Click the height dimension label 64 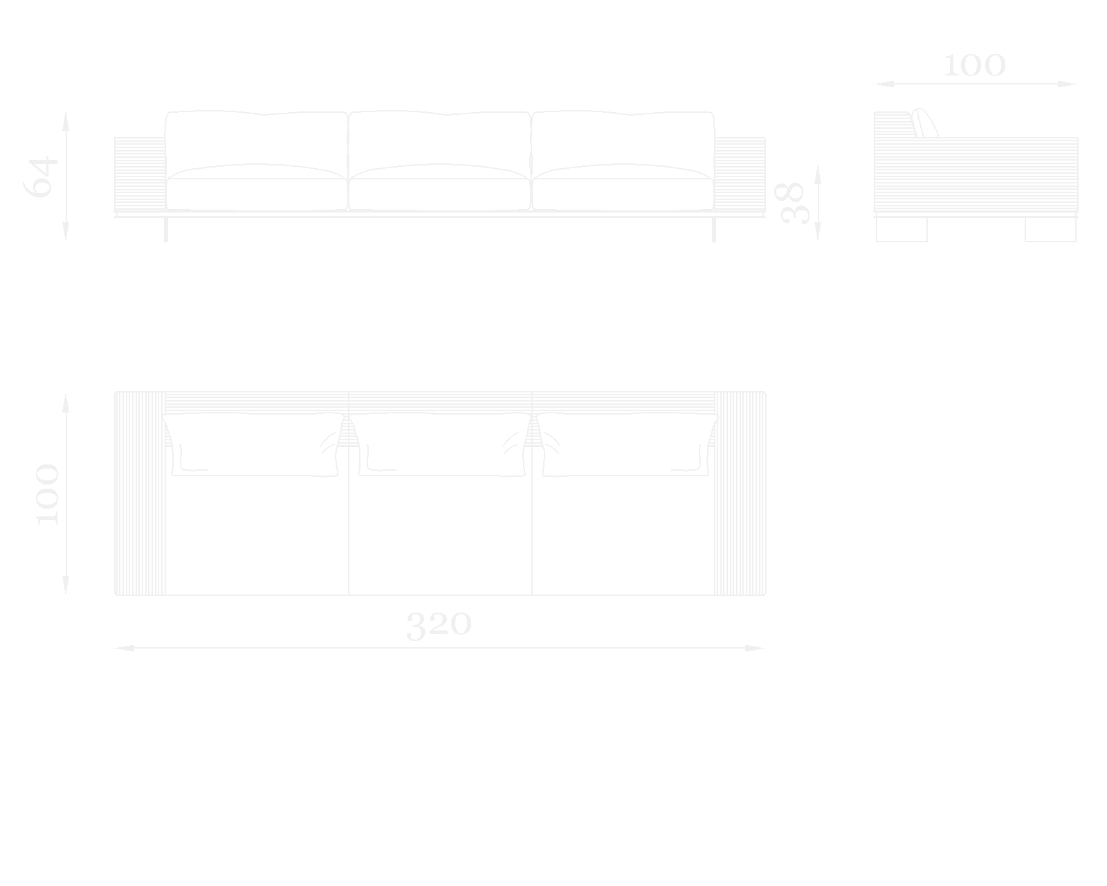(42, 177)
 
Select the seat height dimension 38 (794, 203)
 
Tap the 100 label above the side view (974, 66)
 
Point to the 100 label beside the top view (47, 494)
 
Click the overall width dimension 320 (439, 625)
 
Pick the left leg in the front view (166, 230)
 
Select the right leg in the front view (714, 230)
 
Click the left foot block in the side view (902, 230)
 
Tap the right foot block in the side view (1050, 230)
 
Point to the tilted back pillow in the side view (925, 123)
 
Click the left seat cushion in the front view (257, 193)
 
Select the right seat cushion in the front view (623, 193)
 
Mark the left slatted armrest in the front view (140, 174)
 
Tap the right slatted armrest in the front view (740, 174)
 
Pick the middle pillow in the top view (439, 445)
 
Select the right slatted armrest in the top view (740, 494)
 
